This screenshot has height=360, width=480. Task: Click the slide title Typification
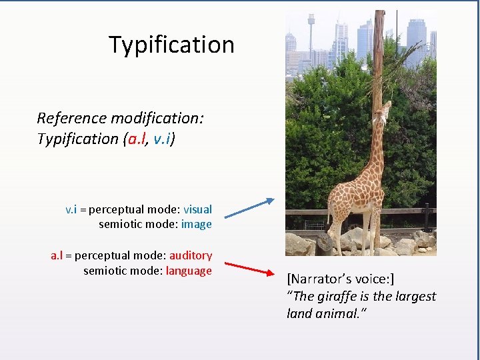point(171,45)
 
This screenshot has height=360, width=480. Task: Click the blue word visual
point(197,209)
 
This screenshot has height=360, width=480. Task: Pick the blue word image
point(196,225)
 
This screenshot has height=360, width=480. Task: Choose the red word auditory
point(190,255)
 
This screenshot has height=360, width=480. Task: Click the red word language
point(189,271)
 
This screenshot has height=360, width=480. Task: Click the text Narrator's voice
point(340,279)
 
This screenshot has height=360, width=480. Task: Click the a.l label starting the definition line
point(57,255)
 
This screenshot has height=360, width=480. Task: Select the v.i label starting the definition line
point(71,209)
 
